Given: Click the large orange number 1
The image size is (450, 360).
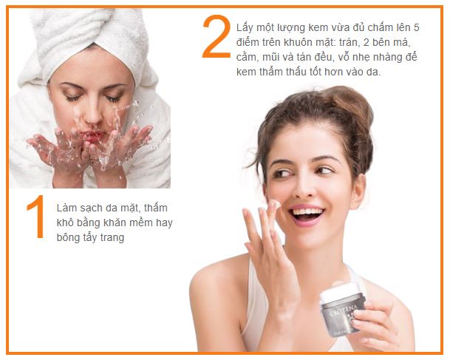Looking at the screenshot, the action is pos(37,216).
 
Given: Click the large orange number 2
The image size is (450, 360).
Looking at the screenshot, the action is pos(217,36).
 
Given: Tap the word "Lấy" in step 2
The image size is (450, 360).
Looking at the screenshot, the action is pos(245,28).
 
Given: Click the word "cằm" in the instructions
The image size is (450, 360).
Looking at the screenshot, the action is pos(245,58).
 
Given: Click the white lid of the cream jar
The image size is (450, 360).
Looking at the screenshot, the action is pos(338,291).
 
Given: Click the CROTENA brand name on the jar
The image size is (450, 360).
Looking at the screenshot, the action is pos(344,310).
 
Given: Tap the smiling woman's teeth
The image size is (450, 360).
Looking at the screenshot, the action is pos(307,212).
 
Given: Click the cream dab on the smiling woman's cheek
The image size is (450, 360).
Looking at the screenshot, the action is pos(275,204).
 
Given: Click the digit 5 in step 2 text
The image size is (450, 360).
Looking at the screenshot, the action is pos(417,28).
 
